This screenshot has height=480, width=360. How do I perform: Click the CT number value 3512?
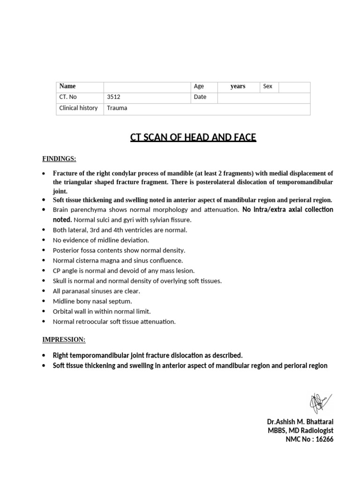[114, 97]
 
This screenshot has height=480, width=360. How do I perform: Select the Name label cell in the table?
[67, 86]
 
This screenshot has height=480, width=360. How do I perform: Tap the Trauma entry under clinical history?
[117, 108]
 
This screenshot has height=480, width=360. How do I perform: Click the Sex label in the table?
[268, 86]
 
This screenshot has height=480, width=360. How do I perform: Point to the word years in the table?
[238, 86]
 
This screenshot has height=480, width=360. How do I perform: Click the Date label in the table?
[200, 97]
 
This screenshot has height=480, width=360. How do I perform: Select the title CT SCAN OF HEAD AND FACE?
[193, 137]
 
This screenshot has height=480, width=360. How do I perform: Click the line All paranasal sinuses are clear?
[96, 291]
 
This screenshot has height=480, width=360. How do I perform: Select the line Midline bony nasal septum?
[92, 301]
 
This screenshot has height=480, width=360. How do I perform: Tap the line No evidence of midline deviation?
[101, 240]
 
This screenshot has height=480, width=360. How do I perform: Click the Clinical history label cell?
[78, 108]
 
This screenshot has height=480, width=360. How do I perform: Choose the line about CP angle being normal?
[123, 270]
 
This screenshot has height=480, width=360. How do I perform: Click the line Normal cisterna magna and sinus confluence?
[118, 260]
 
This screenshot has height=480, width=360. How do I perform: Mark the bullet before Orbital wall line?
[44, 312]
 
